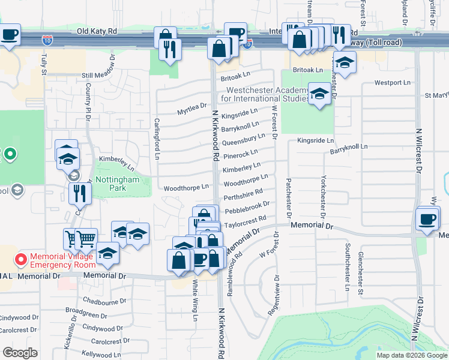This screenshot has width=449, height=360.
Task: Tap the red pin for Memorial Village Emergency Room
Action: [20, 260]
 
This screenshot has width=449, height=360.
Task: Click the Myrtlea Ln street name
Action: [191, 112]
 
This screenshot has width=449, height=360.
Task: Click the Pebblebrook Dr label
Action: [247, 208]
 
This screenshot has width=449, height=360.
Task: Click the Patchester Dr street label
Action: [289, 197]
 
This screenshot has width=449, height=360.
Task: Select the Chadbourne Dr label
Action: [104, 301]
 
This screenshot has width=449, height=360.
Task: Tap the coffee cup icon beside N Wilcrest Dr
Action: [428, 219]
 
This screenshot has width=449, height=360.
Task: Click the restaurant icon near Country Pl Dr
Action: [79, 193]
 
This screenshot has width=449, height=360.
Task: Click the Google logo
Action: [20, 352]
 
